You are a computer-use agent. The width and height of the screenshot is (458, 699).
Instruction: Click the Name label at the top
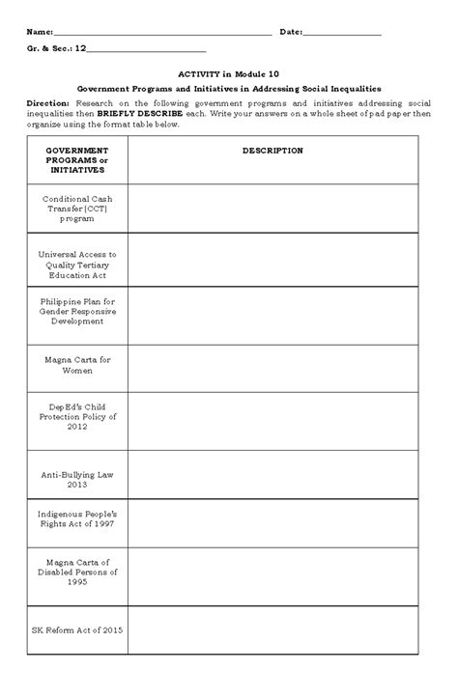(x=41, y=33)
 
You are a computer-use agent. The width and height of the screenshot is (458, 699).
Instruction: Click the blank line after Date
(x=342, y=33)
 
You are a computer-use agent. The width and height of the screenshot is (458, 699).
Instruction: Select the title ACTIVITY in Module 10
(x=228, y=72)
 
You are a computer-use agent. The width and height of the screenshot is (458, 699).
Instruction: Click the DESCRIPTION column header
(x=272, y=151)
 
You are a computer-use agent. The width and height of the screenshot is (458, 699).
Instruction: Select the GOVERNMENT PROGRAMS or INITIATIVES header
(x=77, y=160)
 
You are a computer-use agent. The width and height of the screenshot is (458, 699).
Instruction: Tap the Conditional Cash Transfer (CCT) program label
(x=77, y=209)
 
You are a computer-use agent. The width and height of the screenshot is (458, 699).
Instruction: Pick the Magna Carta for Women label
(x=77, y=365)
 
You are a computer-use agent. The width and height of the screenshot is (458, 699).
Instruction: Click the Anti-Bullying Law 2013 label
(x=77, y=475)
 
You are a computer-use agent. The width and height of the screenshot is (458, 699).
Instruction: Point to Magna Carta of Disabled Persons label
(x=77, y=573)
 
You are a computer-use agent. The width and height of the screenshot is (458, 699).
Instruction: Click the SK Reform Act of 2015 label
(x=77, y=629)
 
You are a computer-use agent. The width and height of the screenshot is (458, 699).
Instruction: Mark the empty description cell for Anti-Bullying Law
(x=272, y=475)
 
